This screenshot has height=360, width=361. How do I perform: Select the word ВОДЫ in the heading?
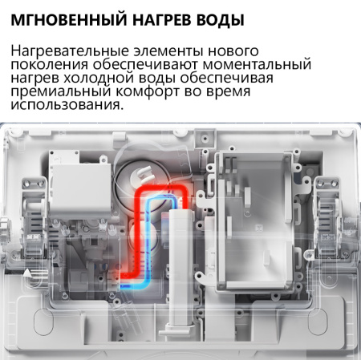[215, 17]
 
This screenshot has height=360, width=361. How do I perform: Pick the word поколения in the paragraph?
[47, 66]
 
